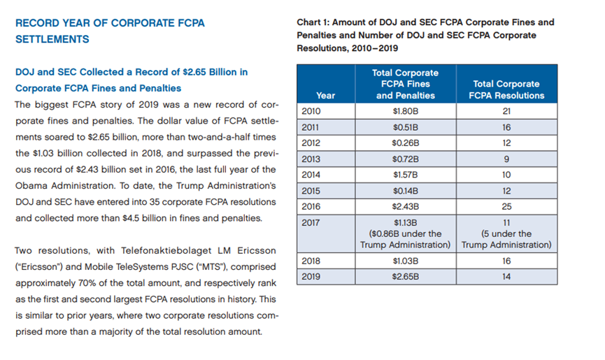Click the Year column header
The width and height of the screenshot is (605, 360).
click(326, 96)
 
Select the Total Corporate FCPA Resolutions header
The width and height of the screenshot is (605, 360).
click(506, 89)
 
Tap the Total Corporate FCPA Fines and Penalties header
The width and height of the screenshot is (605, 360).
click(406, 84)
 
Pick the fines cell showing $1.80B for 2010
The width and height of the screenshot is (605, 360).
click(406, 111)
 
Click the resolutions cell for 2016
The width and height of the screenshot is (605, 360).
click(506, 207)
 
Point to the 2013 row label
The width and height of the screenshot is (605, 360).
click(311, 159)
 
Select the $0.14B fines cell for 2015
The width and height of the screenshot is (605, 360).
click(406, 191)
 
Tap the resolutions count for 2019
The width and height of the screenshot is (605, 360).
click(506, 276)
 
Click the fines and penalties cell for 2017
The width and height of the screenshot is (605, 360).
click(406, 233)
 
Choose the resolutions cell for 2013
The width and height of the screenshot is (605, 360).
click(506, 159)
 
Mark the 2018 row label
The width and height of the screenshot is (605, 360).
click(311, 261)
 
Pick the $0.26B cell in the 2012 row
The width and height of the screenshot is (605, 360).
click(406, 143)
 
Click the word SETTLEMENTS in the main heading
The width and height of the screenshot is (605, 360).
click(52, 39)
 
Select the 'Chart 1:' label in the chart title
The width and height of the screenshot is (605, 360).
click(313, 22)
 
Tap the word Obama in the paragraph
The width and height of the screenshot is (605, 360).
click(32, 186)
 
